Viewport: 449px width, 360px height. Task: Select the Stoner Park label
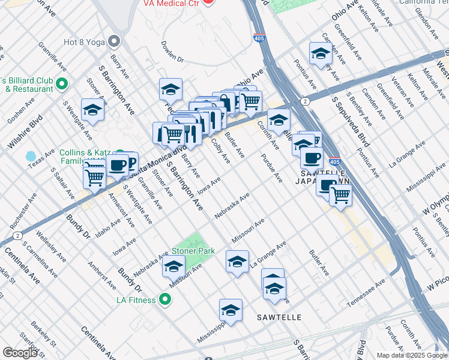(x=193, y=250)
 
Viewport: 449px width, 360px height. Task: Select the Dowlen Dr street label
(x=172, y=52)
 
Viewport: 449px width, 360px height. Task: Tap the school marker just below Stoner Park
(x=173, y=266)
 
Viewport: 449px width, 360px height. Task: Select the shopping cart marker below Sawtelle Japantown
(x=340, y=194)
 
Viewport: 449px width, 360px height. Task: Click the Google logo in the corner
(x=20, y=353)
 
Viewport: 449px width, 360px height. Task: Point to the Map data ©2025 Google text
(x=412, y=355)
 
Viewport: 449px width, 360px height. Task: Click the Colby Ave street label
(x=220, y=151)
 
